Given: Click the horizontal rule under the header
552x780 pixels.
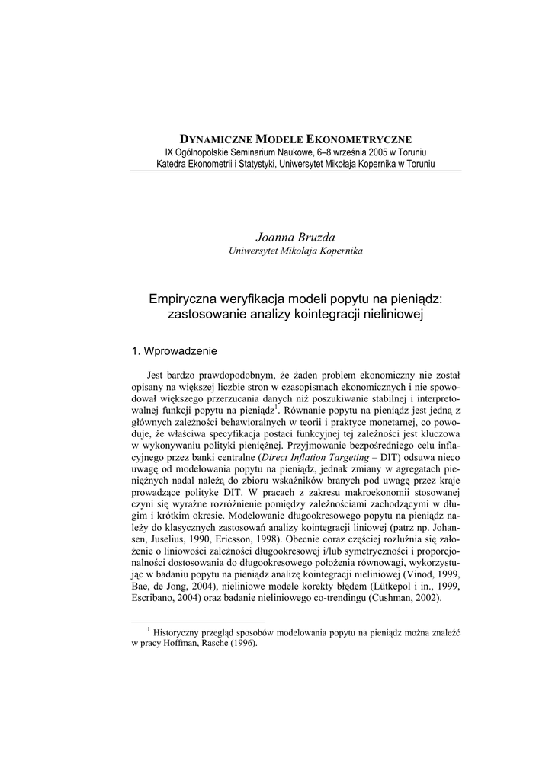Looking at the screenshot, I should point(295,171).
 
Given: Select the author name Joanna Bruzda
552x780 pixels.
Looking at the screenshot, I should point(295,238).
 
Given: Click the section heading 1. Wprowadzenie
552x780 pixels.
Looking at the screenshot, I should point(175,351).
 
